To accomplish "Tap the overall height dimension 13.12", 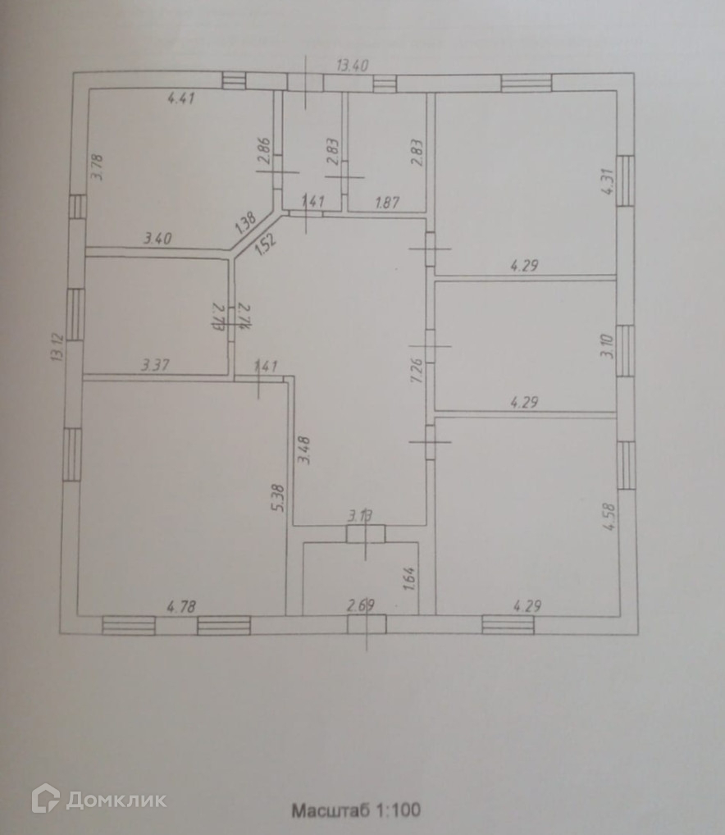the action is point(57,346).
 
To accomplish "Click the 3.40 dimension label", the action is point(157,240).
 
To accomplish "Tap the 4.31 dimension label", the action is point(607,180).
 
